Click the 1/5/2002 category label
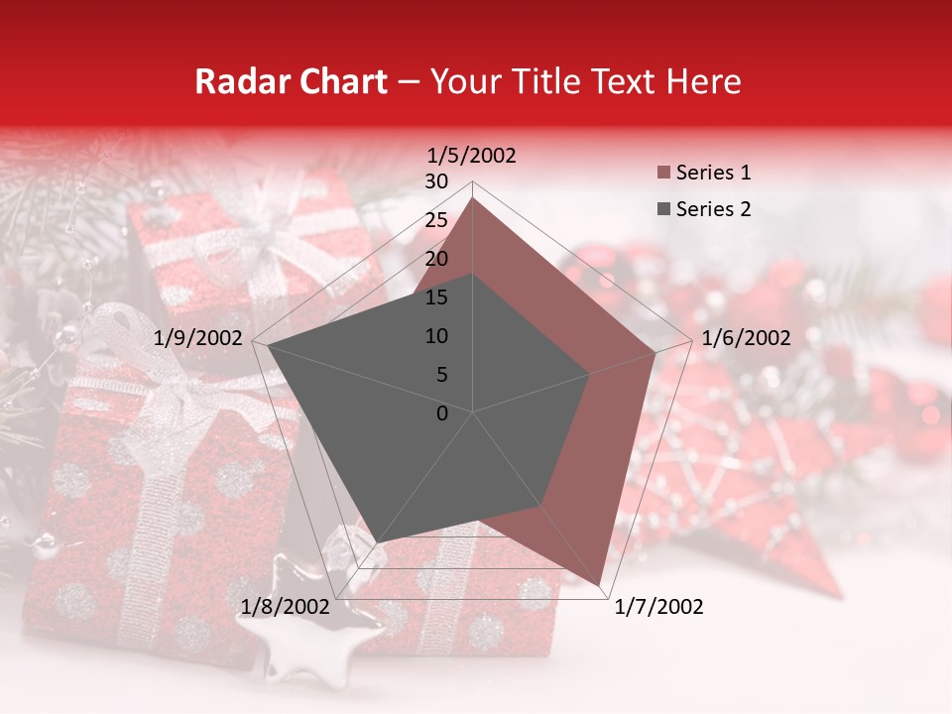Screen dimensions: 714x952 [x=471, y=156]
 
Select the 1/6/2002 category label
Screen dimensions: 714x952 [x=746, y=338]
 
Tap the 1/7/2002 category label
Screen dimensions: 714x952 [x=658, y=607]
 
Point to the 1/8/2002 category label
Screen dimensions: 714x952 [x=286, y=607]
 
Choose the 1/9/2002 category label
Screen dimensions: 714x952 [x=198, y=338]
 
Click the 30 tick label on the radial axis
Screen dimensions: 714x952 [x=435, y=181]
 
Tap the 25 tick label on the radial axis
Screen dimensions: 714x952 [x=435, y=220]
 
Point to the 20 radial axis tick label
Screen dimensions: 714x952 [x=435, y=259]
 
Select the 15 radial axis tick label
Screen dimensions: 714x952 [x=435, y=297]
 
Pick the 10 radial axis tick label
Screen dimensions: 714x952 [x=435, y=336]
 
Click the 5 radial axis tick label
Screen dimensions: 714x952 [x=441, y=375]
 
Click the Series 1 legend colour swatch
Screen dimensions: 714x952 [x=663, y=174]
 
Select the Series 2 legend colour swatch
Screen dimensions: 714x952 [x=663, y=209]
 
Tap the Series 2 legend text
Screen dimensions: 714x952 [x=713, y=209]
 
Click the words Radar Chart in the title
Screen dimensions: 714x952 [x=291, y=82]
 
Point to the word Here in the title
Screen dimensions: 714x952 [x=703, y=82]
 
